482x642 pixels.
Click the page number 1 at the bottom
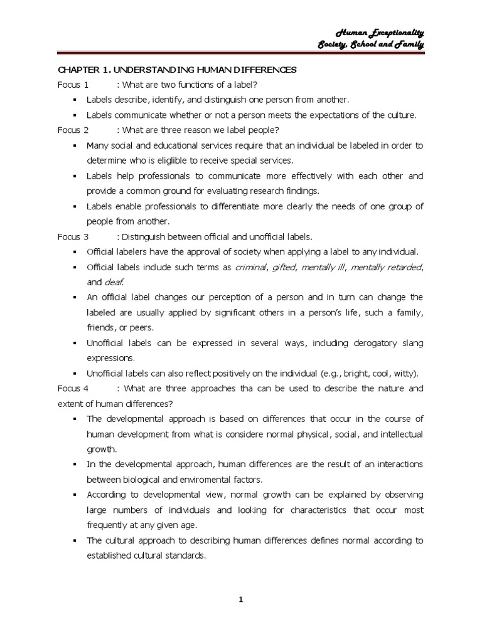click(240, 599)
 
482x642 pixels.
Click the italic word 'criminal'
click(250, 267)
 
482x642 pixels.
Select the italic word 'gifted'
click(283, 267)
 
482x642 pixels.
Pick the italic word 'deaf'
click(114, 282)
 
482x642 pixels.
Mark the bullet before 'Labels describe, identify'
click(74, 100)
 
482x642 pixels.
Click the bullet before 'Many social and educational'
click(74, 145)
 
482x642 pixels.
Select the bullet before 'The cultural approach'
click(74, 540)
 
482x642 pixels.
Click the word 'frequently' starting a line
click(107, 525)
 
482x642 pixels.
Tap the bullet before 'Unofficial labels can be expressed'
click(74, 343)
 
